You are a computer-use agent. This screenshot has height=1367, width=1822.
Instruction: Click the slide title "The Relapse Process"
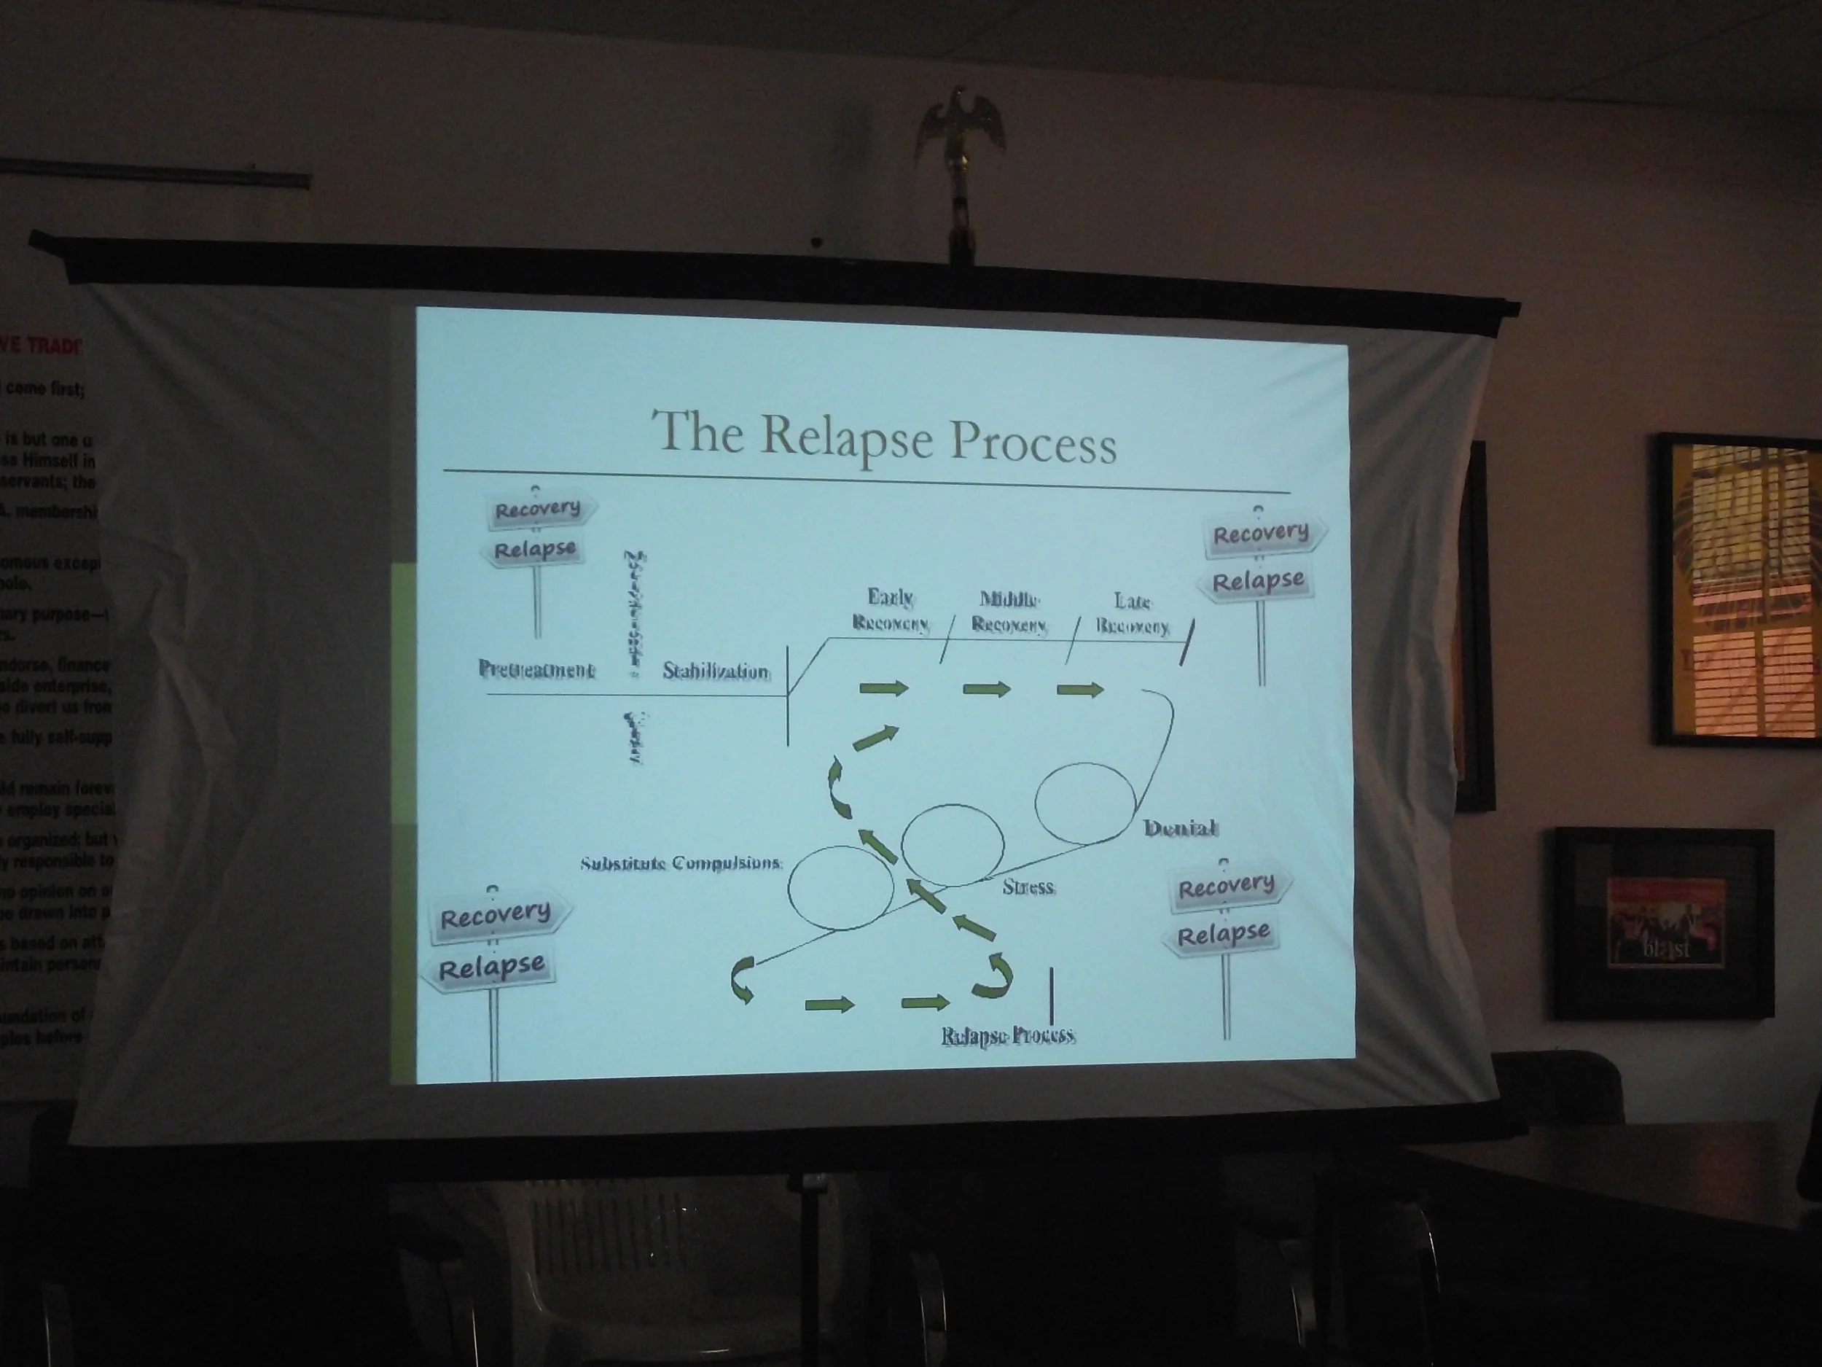(x=884, y=436)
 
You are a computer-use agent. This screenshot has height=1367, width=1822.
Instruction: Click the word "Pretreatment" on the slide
(x=536, y=669)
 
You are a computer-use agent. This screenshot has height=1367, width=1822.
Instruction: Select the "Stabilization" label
(x=716, y=671)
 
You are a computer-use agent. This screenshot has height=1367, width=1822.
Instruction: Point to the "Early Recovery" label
(x=891, y=609)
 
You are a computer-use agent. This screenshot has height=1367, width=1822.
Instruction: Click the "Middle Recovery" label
(x=1009, y=612)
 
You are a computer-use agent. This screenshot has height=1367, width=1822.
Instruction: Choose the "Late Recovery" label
(x=1132, y=614)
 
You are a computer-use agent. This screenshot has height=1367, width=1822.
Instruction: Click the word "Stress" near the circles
(x=1028, y=887)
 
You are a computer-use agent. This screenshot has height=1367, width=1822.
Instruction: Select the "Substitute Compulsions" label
(x=681, y=862)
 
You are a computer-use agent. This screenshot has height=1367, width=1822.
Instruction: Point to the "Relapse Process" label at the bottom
(x=1008, y=1035)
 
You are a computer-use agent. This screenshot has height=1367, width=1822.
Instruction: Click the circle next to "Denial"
(x=1084, y=803)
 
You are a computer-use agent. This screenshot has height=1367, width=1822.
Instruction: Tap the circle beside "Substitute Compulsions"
(x=840, y=887)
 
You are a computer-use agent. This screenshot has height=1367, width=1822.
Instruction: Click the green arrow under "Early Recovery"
(x=883, y=688)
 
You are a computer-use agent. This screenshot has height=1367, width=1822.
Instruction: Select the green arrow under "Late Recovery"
(x=1080, y=690)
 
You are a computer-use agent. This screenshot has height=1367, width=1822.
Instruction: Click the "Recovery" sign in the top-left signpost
(x=537, y=509)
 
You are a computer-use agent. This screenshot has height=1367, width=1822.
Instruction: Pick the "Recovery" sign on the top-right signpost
(x=1260, y=533)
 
